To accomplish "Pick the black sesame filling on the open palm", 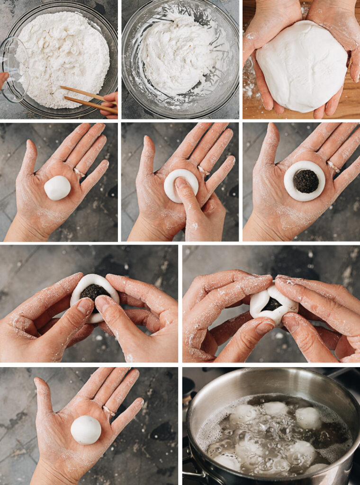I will click(306, 181).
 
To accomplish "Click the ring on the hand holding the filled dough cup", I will click(333, 167).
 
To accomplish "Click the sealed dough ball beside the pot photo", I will click(86, 430).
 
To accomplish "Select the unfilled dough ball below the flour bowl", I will click(57, 188).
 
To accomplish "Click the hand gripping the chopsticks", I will click(110, 104).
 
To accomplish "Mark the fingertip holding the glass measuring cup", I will click(4, 79).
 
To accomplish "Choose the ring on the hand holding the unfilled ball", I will click(79, 172).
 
